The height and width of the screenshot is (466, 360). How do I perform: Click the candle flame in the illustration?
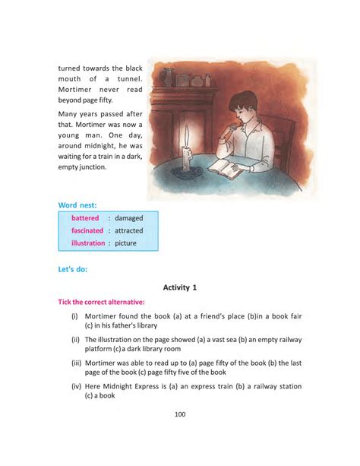pos(186,134)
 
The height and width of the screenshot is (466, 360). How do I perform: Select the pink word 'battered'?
pos(85,218)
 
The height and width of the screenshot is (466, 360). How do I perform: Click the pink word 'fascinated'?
pos(87,230)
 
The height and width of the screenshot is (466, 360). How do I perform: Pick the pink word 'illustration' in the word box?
pos(88,243)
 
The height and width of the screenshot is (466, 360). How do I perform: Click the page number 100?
pos(180,414)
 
